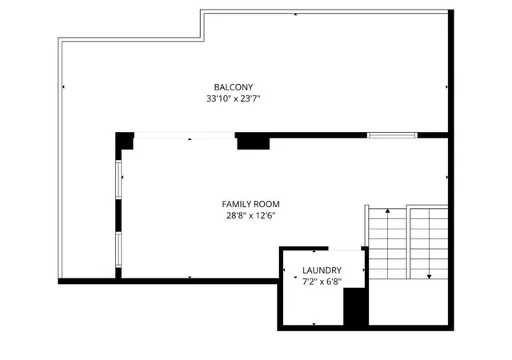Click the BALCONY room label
click(x=233, y=87)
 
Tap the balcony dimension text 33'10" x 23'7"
click(x=233, y=98)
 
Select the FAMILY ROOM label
click(x=250, y=204)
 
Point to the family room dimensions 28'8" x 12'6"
click(x=250, y=216)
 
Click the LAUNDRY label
click(x=322, y=270)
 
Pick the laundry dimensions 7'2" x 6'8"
click(x=322, y=282)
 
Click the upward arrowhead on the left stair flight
click(x=387, y=211)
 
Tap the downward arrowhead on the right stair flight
click(x=429, y=277)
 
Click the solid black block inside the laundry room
click(x=356, y=306)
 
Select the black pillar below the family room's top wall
click(x=254, y=143)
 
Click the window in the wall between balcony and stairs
click(x=392, y=135)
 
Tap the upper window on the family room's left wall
click(x=118, y=179)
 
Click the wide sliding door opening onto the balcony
click(x=185, y=135)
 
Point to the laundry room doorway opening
click(x=345, y=249)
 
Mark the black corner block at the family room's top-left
click(x=125, y=141)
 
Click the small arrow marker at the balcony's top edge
click(x=295, y=14)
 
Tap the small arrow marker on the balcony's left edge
click(x=63, y=87)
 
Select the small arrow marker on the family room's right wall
click(x=446, y=177)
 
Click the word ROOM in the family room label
click(x=267, y=204)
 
